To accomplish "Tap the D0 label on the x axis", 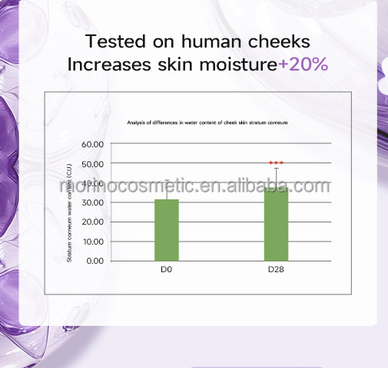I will click(x=167, y=270).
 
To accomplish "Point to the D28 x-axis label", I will click(x=276, y=270).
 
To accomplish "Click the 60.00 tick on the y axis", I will click(x=92, y=144).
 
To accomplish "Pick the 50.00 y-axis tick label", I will click(x=92, y=163).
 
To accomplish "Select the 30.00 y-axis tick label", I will click(x=92, y=202).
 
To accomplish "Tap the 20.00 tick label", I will click(x=92, y=222).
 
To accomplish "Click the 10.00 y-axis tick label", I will click(x=92, y=242).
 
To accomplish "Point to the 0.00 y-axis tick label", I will click(x=95, y=261).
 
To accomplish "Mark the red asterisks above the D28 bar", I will click(x=276, y=163).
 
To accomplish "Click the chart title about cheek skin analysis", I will click(x=201, y=123).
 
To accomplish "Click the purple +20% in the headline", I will click(x=303, y=64).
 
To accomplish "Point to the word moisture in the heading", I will click(x=238, y=64).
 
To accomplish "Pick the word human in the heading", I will click(x=212, y=41).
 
